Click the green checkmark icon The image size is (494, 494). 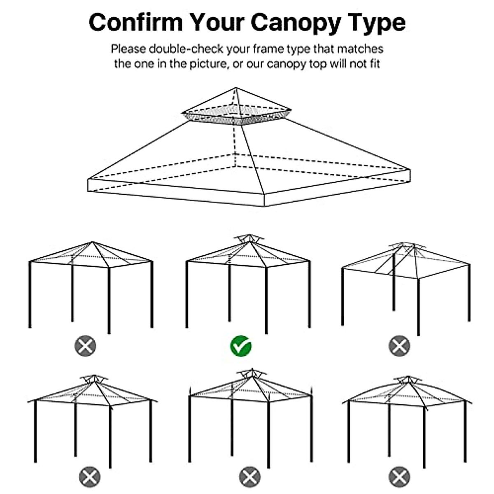click(x=241, y=346)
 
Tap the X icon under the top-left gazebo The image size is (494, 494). click(x=85, y=346)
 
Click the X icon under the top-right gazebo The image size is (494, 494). click(x=399, y=346)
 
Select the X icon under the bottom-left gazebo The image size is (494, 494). click(x=90, y=478)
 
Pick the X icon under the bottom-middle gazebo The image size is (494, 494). click(x=249, y=478)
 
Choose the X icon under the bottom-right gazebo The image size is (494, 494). click(x=399, y=478)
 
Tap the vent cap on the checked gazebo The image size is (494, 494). click(x=249, y=238)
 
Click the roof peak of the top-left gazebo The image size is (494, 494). click(x=93, y=242)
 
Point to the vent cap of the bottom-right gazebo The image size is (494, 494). click(x=408, y=379)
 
